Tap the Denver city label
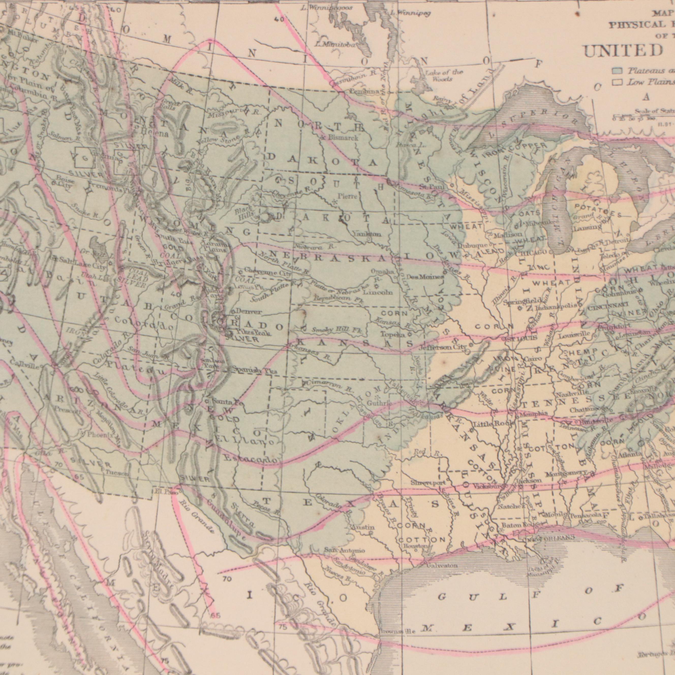[x=248, y=311]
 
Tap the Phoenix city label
[x=100, y=435]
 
